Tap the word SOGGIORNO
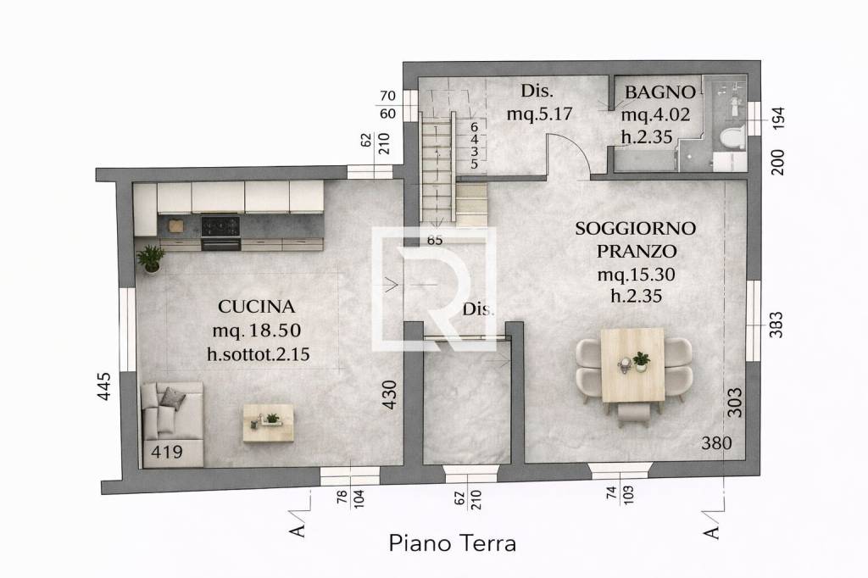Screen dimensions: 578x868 (x=635, y=228)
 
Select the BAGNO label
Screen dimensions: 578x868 (x=660, y=92)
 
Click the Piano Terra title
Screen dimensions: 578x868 (x=452, y=543)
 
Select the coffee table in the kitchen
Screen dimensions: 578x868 (x=268, y=422)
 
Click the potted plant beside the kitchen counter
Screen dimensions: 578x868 (x=151, y=258)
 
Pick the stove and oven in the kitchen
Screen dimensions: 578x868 (x=220, y=232)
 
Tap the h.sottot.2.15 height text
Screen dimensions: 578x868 (x=258, y=354)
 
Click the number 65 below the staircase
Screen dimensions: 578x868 (x=435, y=240)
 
